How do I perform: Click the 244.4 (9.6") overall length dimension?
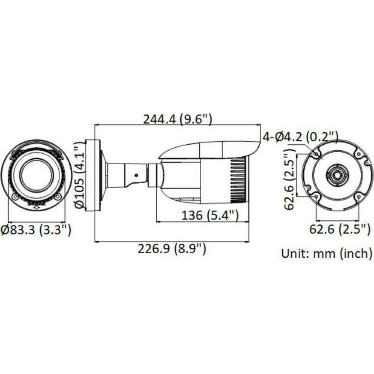[x=178, y=119]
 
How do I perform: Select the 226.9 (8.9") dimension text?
[x=172, y=248]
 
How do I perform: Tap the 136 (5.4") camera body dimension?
[x=210, y=215]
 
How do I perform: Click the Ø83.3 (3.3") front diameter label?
[x=36, y=230]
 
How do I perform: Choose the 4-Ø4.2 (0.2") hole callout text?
[x=300, y=137]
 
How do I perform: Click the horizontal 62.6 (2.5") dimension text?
[x=340, y=229]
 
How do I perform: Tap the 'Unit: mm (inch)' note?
[x=327, y=254]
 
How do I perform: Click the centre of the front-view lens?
[x=36, y=175]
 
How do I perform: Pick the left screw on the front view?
[x=15, y=197]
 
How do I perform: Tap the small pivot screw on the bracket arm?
[x=137, y=175]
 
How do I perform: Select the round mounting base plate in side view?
[x=93, y=175]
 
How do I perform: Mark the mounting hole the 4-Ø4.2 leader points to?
[x=317, y=153]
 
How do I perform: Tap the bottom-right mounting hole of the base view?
[x=358, y=196]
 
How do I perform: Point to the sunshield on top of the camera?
[x=209, y=150]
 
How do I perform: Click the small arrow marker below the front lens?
[x=36, y=206]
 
